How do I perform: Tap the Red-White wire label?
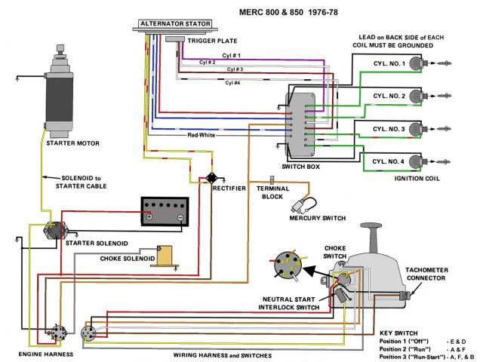(202, 135)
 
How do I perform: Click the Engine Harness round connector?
(54, 333)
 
